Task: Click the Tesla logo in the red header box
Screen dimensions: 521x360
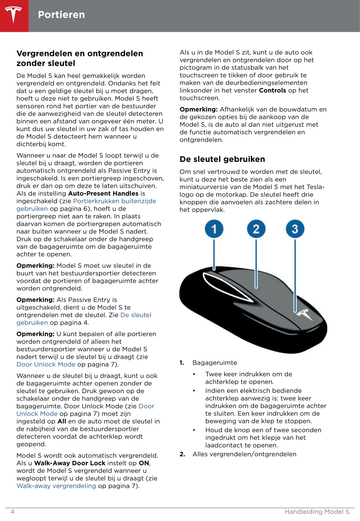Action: pos(14,15)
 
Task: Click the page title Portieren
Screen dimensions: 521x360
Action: pos(61,15)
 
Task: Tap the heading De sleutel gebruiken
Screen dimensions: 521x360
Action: pos(222,159)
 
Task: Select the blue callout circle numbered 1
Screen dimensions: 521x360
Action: pos(214,229)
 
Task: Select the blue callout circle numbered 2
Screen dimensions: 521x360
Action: pos(256,229)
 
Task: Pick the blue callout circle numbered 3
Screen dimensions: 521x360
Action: pos(295,229)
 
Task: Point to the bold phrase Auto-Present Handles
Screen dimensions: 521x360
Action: pos(103,193)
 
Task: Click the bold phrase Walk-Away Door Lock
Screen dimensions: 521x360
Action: pos(70,463)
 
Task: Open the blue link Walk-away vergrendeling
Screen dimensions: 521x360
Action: pos(56,486)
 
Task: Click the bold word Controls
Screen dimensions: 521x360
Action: pos(272,90)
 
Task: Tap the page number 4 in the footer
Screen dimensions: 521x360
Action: pos(13,512)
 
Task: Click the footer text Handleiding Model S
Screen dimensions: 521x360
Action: pos(317,512)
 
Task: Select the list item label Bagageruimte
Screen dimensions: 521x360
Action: pos(215,363)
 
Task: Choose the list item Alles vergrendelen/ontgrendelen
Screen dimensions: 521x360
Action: pos(244,454)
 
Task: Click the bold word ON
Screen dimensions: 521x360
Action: pos(144,463)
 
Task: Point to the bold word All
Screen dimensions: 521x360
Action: pos(62,421)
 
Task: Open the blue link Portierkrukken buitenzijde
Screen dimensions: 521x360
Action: pos(114,201)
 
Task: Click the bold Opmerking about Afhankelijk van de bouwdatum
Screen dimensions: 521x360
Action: pos(199,109)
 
